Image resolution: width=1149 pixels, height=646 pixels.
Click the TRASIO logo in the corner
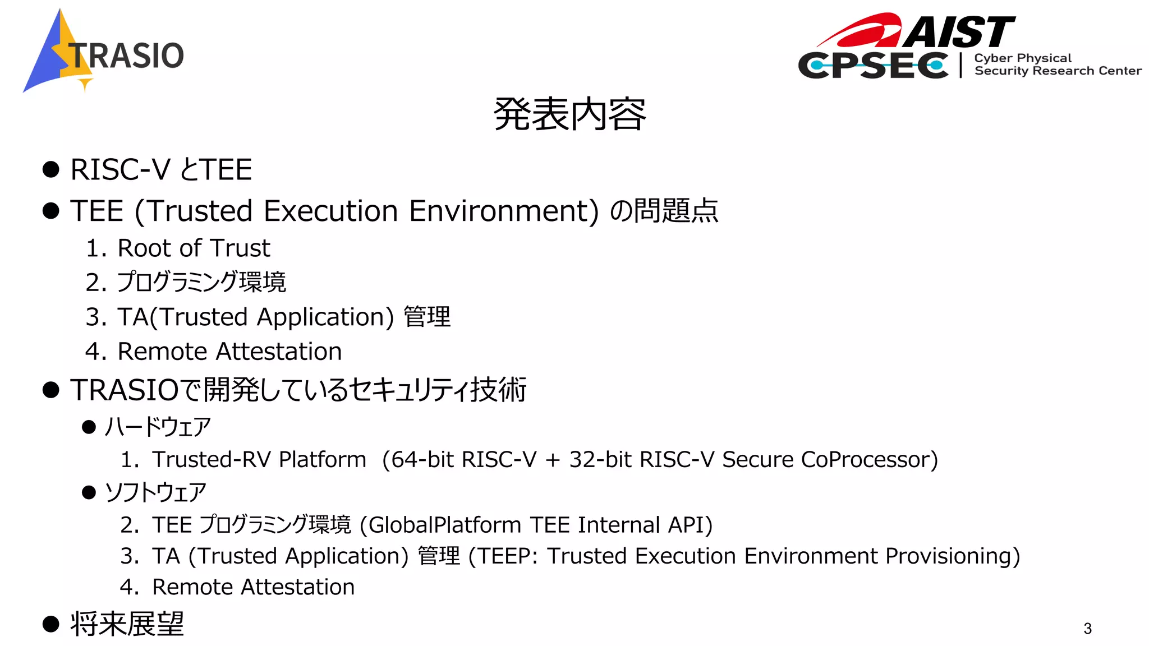(x=104, y=53)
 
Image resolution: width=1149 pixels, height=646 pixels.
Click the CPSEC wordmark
(x=873, y=66)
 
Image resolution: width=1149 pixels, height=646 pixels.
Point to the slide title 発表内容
(x=570, y=114)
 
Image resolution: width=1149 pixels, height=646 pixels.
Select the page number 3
(x=1087, y=629)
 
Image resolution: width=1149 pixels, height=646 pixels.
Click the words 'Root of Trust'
(x=194, y=248)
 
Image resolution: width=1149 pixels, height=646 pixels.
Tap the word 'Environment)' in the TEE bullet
(x=504, y=211)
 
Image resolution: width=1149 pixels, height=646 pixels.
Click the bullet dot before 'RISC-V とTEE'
(x=51, y=169)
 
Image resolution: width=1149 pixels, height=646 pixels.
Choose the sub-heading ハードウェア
(x=158, y=427)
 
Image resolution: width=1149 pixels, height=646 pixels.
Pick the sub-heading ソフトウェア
(x=155, y=492)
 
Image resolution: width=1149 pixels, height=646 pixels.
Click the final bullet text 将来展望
(x=127, y=624)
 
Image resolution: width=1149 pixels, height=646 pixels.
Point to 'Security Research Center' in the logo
(x=1058, y=71)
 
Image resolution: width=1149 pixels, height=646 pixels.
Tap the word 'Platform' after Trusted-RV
(x=323, y=460)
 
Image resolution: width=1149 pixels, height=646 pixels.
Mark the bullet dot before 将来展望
(x=51, y=624)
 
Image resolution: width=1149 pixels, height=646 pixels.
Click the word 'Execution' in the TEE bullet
(x=332, y=211)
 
